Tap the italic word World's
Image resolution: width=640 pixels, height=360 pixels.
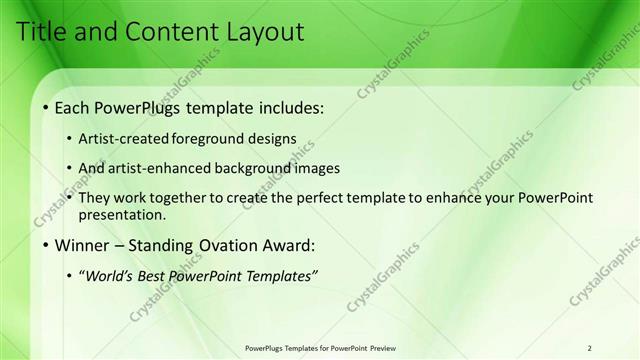[x=108, y=276]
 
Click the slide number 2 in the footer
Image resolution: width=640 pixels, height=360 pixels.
[x=590, y=348]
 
